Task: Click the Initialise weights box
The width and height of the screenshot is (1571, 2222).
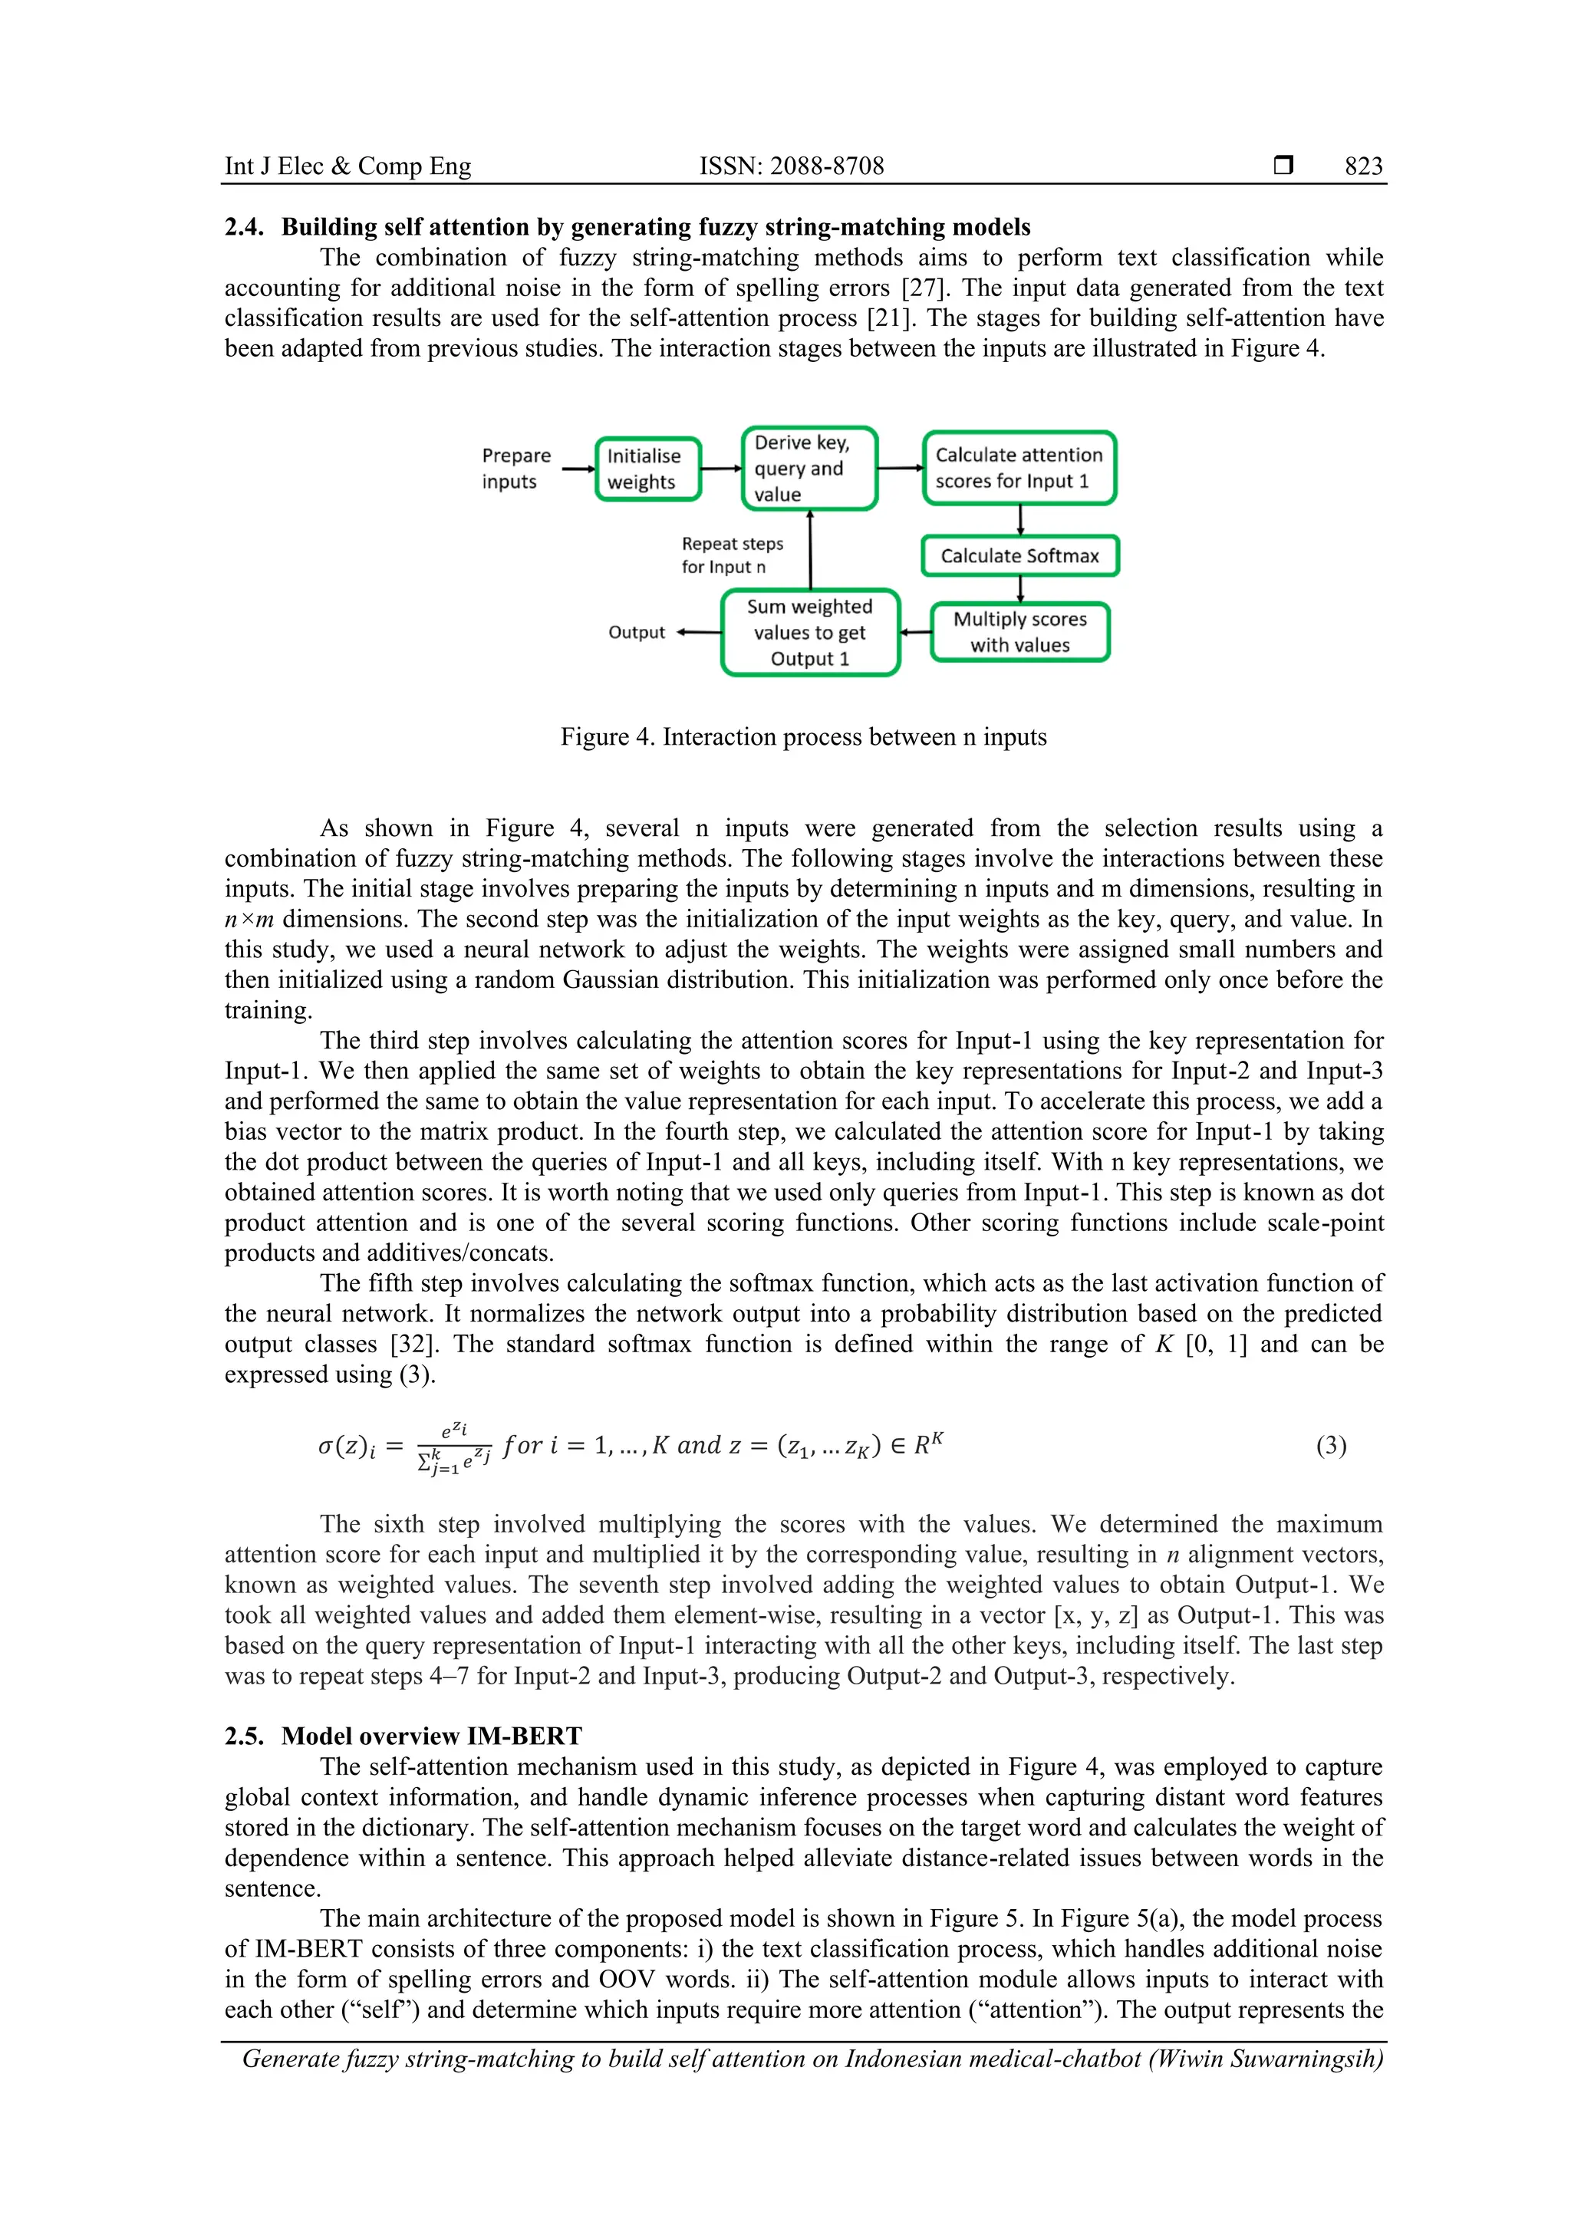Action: (x=647, y=469)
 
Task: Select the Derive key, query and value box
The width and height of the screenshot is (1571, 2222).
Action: (x=809, y=469)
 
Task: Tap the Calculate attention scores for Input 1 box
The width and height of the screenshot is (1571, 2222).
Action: (x=1019, y=469)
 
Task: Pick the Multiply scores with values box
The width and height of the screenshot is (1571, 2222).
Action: (x=1019, y=632)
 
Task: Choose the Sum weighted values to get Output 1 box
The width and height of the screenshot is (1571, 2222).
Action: (x=810, y=633)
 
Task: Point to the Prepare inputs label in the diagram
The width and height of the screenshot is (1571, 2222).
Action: (x=516, y=469)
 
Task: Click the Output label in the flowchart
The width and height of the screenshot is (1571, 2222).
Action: (x=636, y=633)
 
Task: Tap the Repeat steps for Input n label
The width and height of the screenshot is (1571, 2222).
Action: (x=732, y=555)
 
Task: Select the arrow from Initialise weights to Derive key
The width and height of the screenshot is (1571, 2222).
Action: (x=720, y=469)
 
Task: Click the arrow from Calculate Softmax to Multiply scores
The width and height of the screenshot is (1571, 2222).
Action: (x=1020, y=589)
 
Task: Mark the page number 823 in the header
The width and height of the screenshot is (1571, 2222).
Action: (x=1363, y=166)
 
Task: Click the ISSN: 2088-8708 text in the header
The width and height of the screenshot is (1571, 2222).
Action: (x=791, y=166)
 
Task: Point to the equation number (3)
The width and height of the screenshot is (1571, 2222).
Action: (x=1331, y=1446)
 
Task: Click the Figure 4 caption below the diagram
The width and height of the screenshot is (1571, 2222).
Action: (x=803, y=737)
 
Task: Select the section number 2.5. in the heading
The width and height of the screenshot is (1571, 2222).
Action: (x=244, y=1736)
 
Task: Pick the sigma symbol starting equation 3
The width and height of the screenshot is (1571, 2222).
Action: (x=325, y=1447)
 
